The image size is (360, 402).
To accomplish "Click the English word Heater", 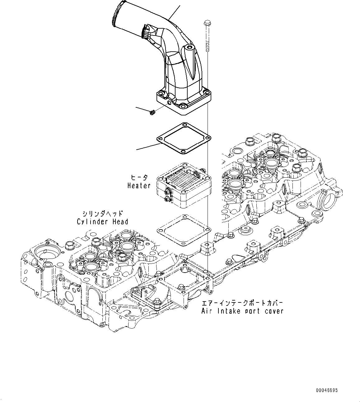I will pyautogui.click(x=139, y=186).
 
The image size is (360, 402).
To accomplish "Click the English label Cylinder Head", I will pyautogui.click(x=102, y=222).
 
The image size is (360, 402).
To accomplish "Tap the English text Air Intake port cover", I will pyautogui.click(x=242, y=311).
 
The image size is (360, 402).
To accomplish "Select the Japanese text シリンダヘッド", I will pyautogui.click(x=102, y=213).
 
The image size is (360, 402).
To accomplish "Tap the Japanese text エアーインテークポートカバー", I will pyautogui.click(x=242, y=303).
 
